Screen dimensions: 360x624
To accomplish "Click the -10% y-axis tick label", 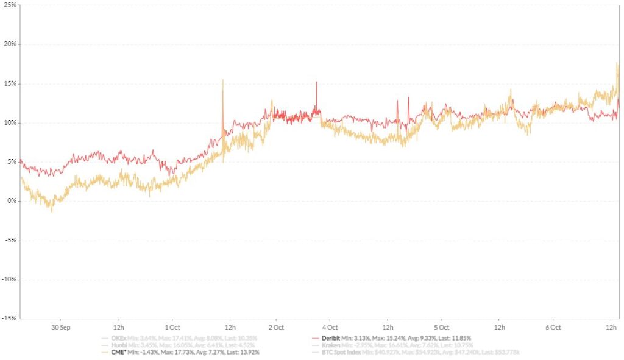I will point(9,279).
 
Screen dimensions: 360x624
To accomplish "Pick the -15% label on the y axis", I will point(9,318).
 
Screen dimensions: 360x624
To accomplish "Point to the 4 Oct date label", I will point(330,327).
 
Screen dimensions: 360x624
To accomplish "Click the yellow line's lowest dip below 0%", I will point(52,211).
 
